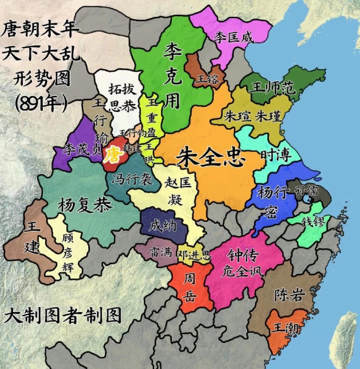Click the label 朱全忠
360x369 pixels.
[x=211, y=158]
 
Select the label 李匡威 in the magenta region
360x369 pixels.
[x=234, y=37]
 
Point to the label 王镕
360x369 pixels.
[x=207, y=79]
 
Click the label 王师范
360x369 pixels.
[x=273, y=89]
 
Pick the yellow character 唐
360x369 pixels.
[x=113, y=155]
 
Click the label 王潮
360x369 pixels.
[x=286, y=328]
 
